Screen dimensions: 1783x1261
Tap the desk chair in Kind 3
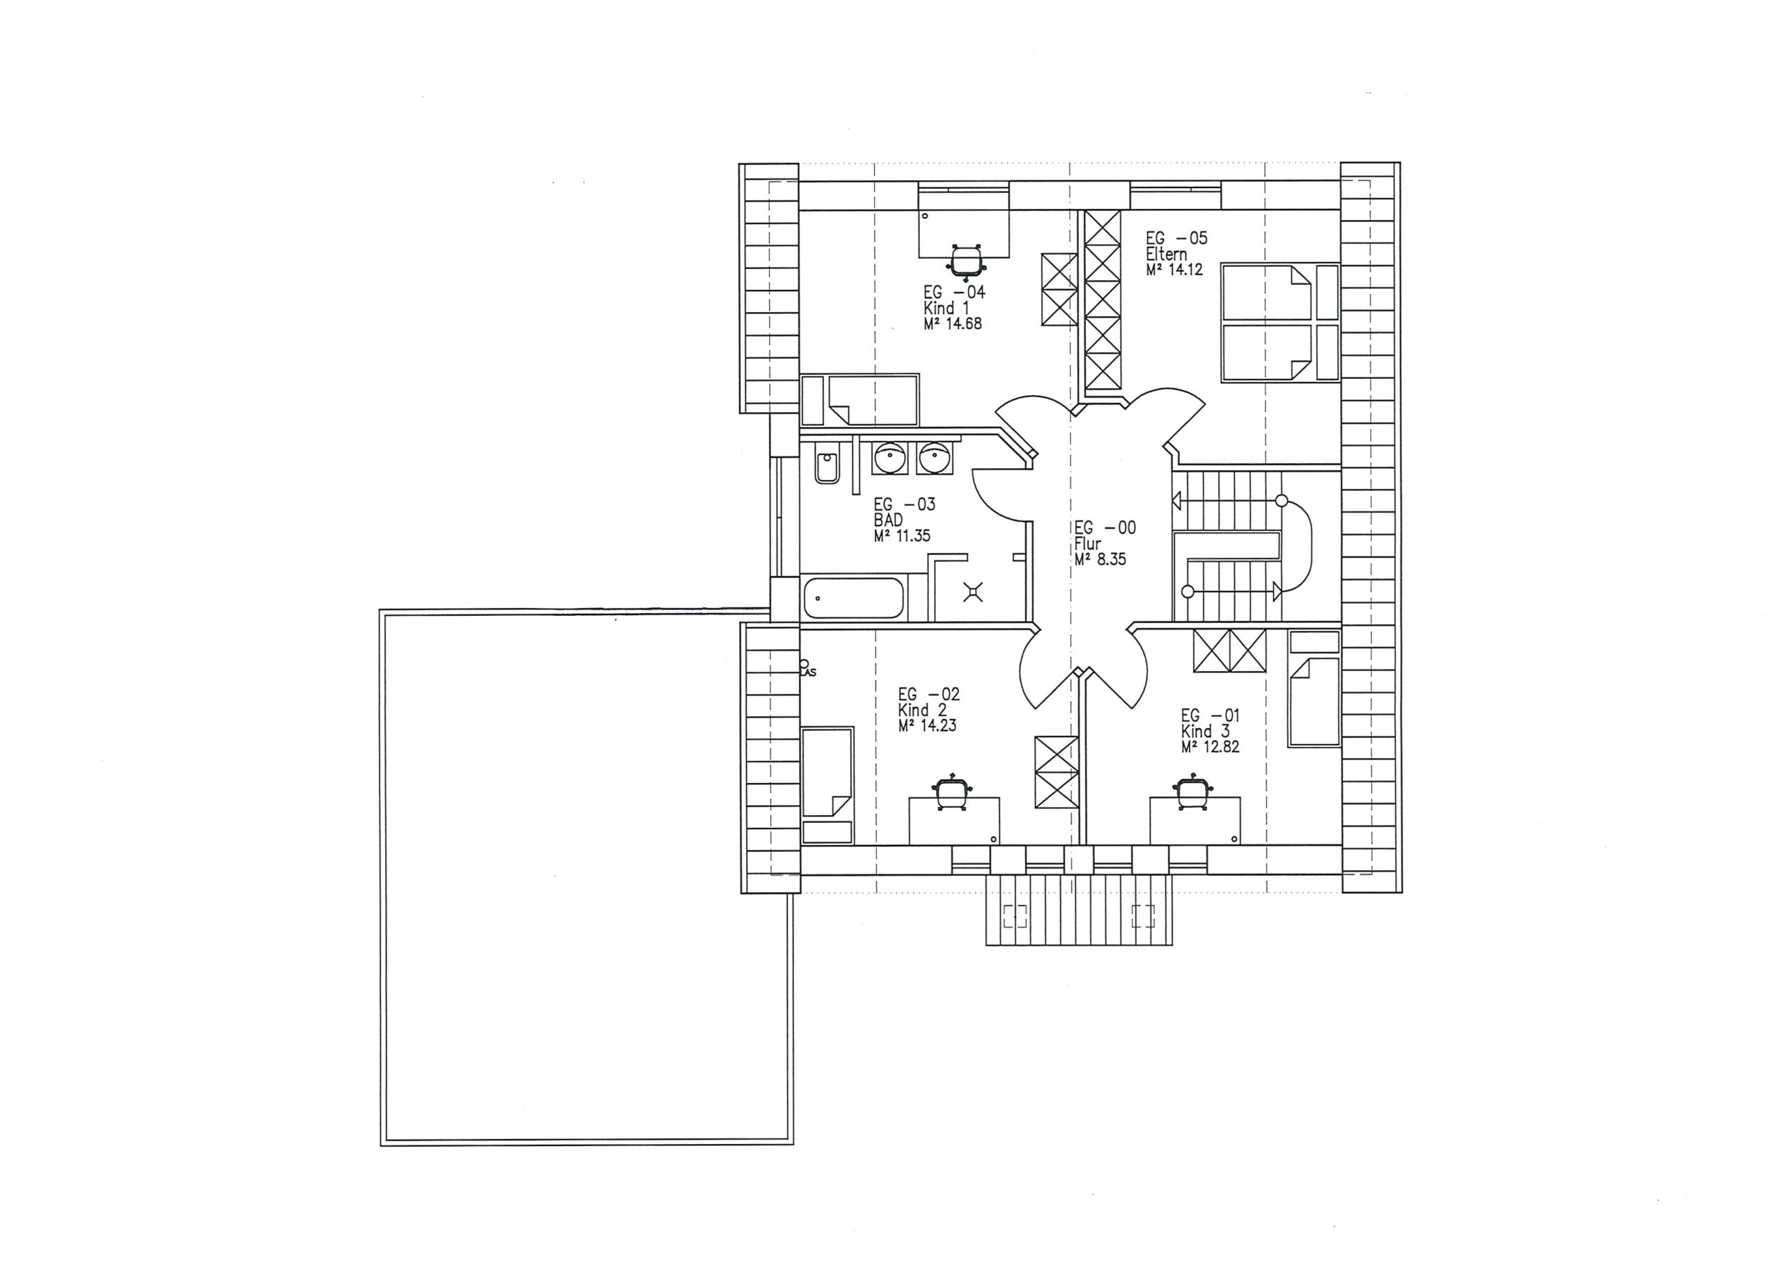point(1192,794)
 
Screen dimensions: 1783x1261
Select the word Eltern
point(1167,254)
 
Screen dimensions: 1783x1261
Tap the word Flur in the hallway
point(1088,544)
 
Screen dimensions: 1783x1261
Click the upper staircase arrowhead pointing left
point(1176,501)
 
